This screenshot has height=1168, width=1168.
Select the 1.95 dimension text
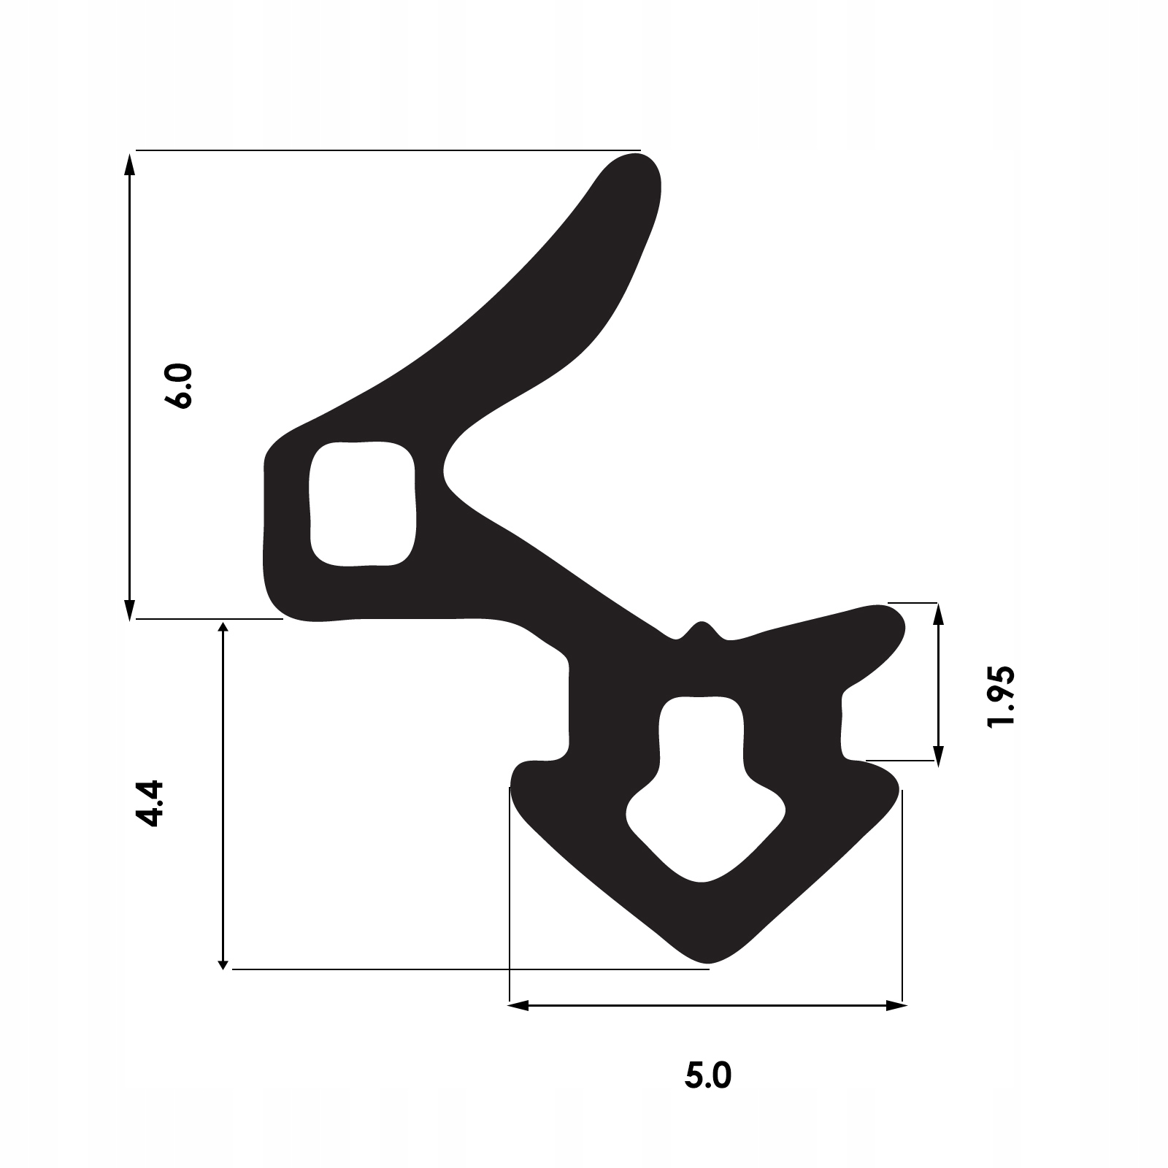click(x=999, y=696)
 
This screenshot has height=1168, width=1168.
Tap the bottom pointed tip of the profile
click(x=705, y=958)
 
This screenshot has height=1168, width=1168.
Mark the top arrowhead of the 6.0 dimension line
click(x=130, y=164)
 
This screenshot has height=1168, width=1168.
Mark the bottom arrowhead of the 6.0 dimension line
click(x=130, y=610)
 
